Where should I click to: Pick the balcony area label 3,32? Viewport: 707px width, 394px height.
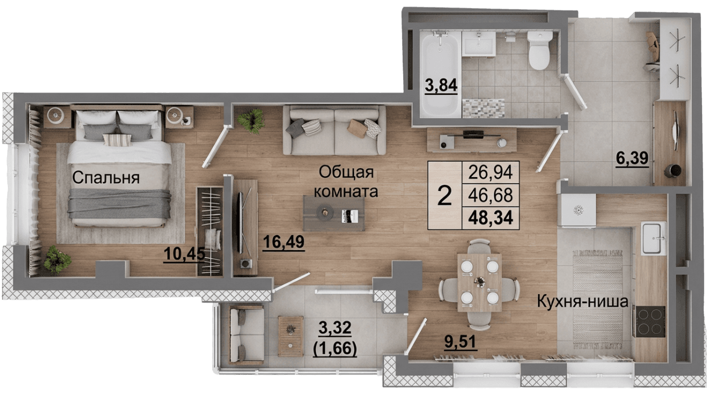click(x=335, y=331)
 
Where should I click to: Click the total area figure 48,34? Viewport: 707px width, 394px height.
click(x=490, y=216)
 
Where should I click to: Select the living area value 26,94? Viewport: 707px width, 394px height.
click(x=490, y=173)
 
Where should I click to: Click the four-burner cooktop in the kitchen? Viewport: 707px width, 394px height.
click(x=649, y=321)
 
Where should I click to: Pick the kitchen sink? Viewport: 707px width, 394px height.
click(x=654, y=238)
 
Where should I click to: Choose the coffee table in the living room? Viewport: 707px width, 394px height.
click(x=334, y=213)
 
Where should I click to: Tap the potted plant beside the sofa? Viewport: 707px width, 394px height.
click(x=251, y=120)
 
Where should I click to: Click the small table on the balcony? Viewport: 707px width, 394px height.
click(x=291, y=336)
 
